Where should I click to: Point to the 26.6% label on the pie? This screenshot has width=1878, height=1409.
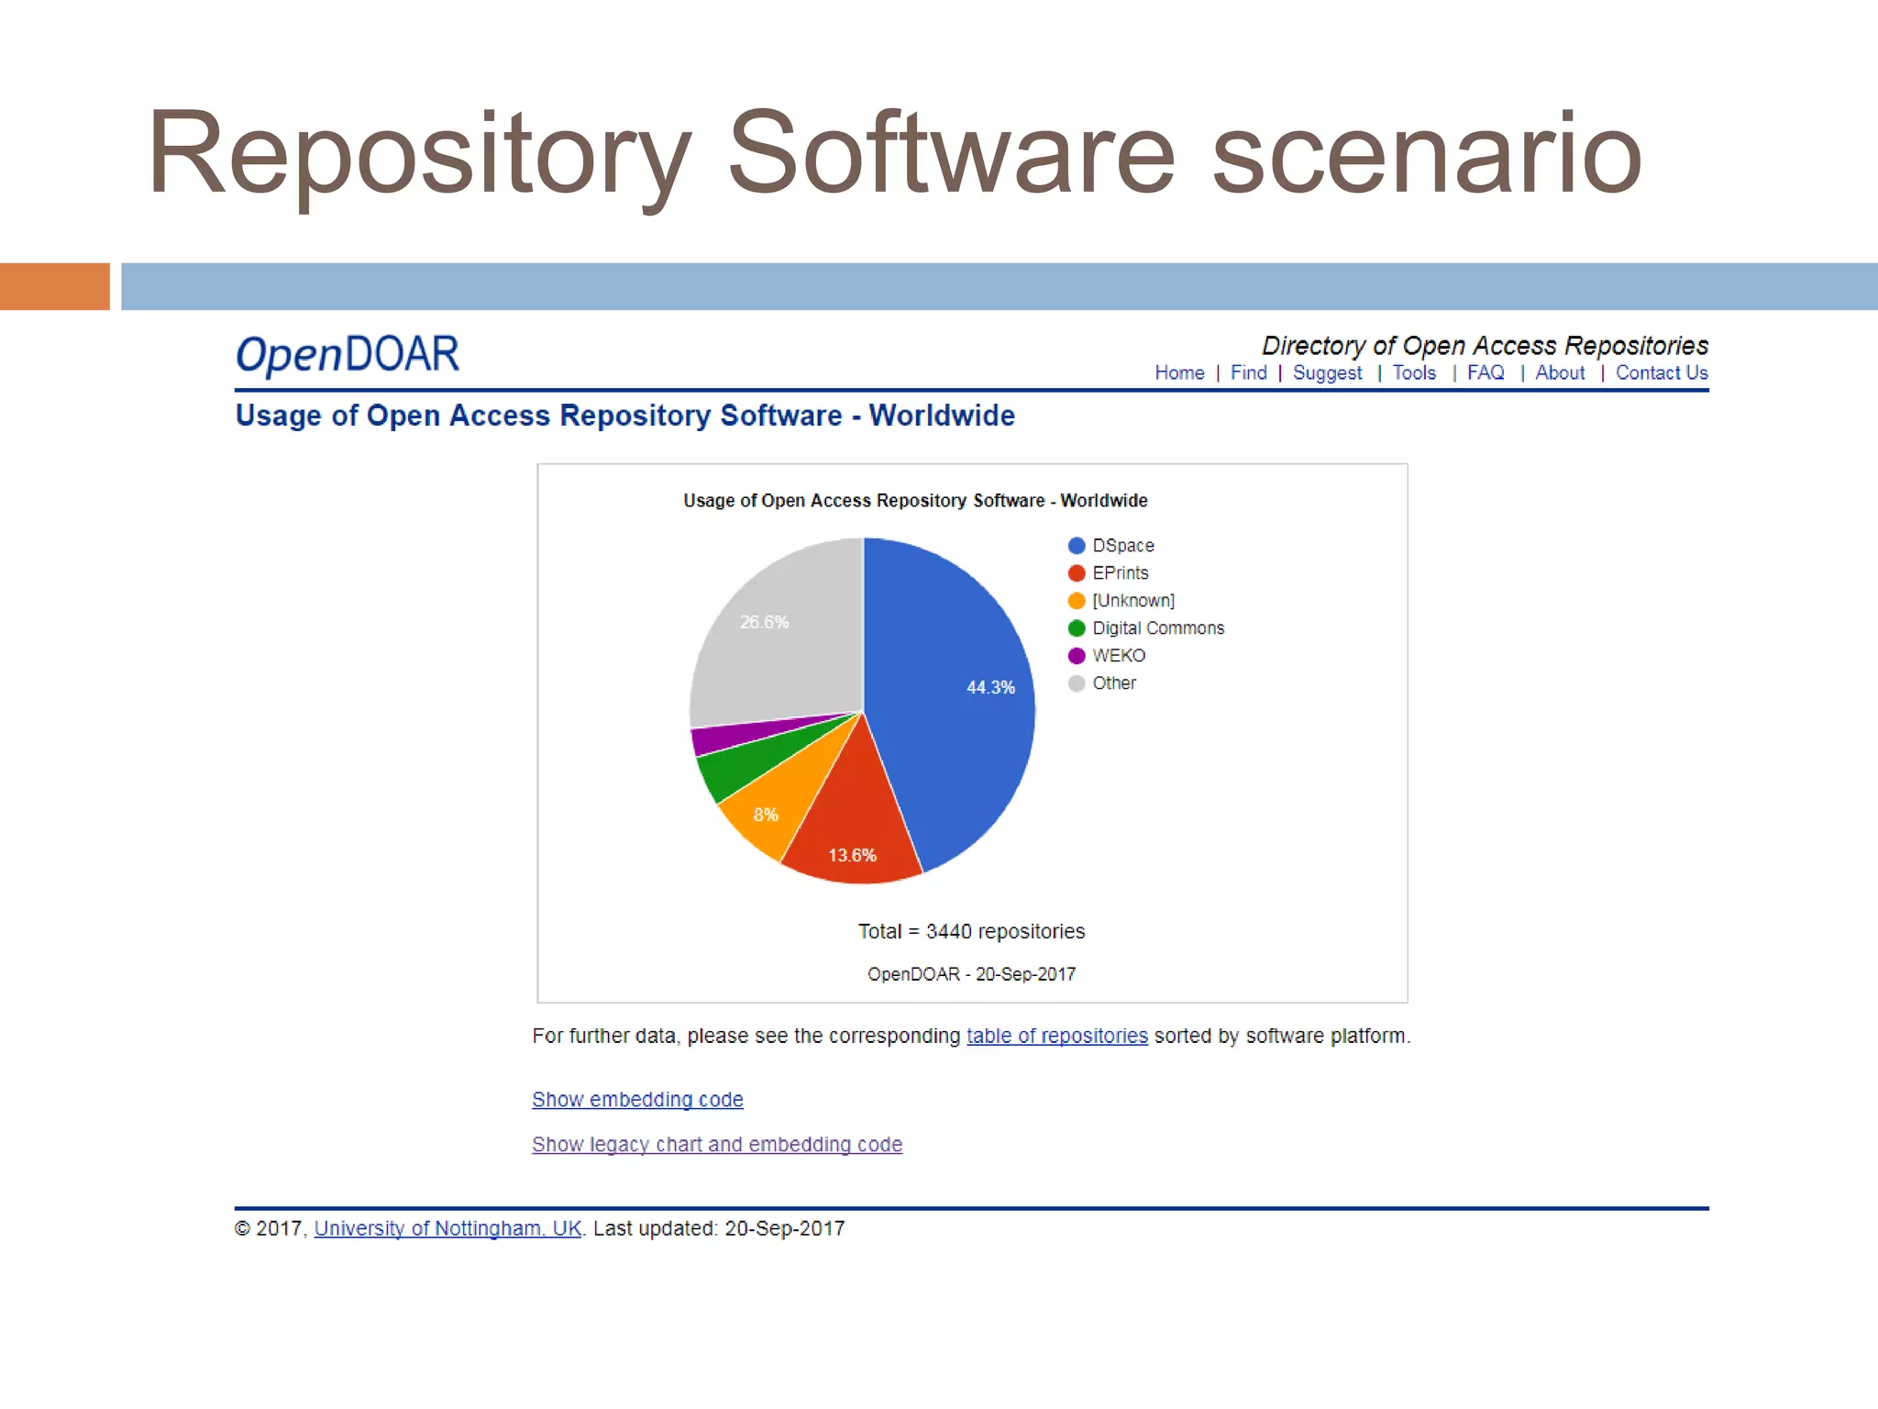pos(764,622)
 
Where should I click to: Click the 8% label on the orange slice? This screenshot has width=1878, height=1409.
pos(766,815)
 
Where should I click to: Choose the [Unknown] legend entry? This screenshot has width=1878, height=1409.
pos(1132,601)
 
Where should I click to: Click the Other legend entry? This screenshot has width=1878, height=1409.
pos(1113,683)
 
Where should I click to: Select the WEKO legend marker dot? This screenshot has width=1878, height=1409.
pos(1077,656)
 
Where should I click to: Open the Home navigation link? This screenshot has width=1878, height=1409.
pos(1179,373)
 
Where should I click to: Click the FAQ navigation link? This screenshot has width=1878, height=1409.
pos(1486,373)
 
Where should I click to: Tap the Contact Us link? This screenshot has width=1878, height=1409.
pos(1662,373)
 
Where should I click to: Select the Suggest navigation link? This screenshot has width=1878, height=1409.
pos(1327,373)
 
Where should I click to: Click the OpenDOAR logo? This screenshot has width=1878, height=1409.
pos(348,355)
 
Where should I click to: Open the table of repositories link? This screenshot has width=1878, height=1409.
pos(1056,1036)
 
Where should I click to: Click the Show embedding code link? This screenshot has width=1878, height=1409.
pos(637,1099)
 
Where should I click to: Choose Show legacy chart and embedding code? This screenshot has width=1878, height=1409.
pos(717,1144)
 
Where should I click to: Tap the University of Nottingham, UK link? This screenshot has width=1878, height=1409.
pos(447,1228)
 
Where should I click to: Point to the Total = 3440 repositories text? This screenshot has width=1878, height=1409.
pos(971,931)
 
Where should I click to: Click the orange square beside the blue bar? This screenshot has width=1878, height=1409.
pos(55,286)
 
